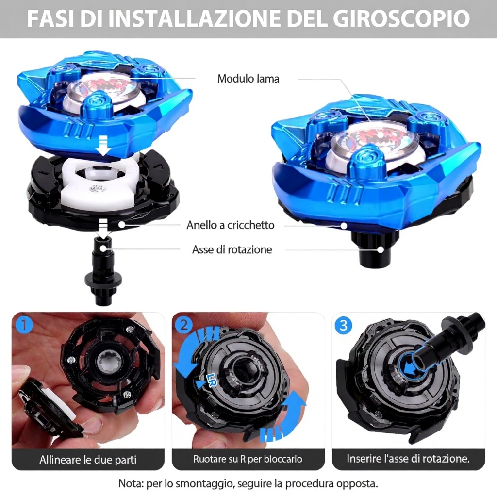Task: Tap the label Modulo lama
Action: click(x=248, y=79)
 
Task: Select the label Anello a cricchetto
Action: click(x=231, y=225)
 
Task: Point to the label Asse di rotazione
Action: click(x=232, y=249)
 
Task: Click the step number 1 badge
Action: click(x=24, y=325)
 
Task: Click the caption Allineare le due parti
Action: click(x=88, y=460)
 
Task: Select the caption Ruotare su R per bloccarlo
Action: click(x=248, y=459)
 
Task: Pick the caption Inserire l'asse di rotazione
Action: click(x=408, y=459)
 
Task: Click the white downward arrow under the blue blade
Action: click(x=104, y=145)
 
